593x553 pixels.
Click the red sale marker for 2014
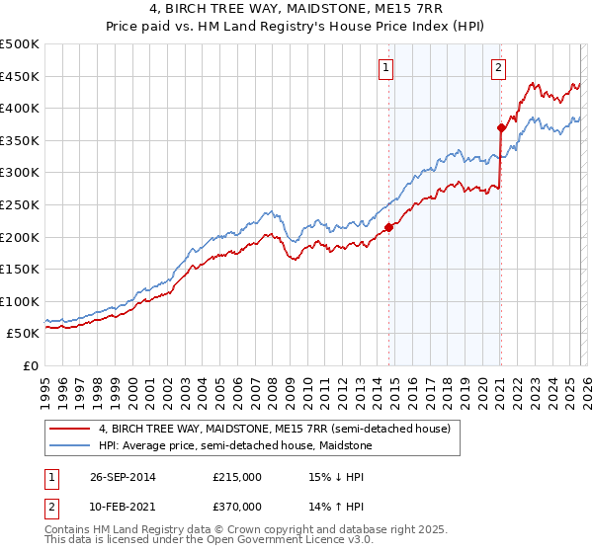[388, 227]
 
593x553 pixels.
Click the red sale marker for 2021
[501, 127]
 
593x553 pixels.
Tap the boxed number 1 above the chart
[384, 68]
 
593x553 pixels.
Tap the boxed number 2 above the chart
[498, 68]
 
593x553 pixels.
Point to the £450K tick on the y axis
[20, 76]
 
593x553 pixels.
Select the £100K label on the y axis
[20, 301]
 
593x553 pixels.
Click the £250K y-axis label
[20, 204]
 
